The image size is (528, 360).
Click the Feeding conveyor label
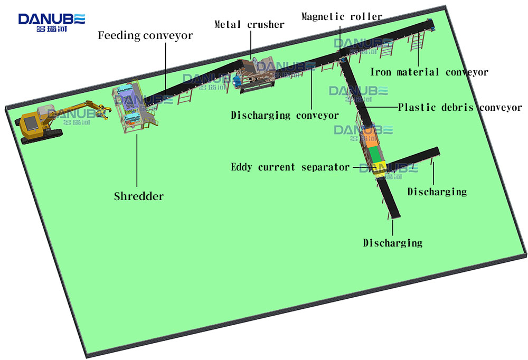click(x=145, y=36)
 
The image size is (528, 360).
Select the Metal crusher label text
click(x=249, y=24)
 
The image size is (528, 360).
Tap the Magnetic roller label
click(x=342, y=16)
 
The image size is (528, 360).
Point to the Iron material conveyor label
click(x=429, y=72)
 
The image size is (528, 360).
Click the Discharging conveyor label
click(x=285, y=115)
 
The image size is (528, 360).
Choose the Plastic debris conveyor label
click(x=460, y=108)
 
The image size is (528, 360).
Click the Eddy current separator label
click(x=290, y=167)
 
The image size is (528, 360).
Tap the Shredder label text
click(x=139, y=196)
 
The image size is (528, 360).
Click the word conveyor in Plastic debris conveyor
click(x=501, y=108)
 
